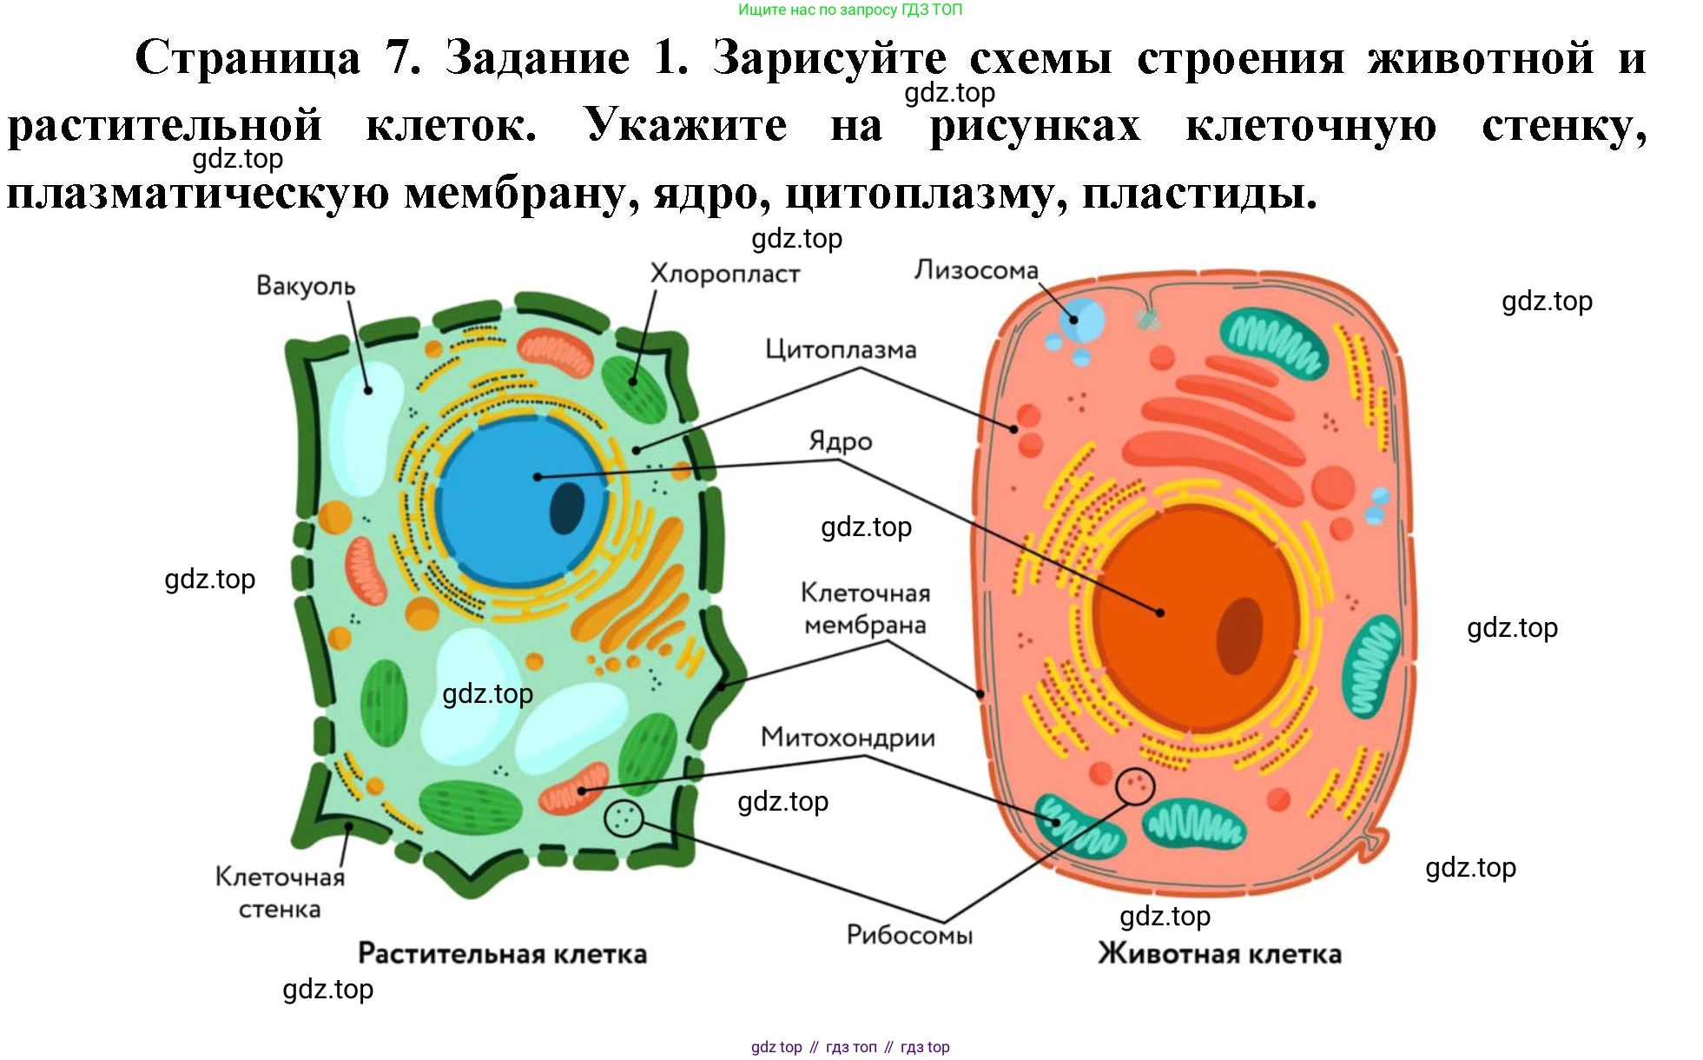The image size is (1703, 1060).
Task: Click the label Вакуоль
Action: tap(306, 286)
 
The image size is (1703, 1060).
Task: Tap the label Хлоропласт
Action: tap(724, 274)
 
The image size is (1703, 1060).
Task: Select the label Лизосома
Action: tap(975, 270)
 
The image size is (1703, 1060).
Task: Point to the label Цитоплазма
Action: tap(840, 349)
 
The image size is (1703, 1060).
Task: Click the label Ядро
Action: tap(840, 441)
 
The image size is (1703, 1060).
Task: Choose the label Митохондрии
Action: tap(848, 738)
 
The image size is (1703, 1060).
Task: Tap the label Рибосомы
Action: tap(909, 935)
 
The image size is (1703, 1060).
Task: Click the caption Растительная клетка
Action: tap(502, 954)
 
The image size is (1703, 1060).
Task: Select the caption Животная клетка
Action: tap(1219, 954)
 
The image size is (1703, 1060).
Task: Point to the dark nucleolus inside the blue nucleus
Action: tap(568, 508)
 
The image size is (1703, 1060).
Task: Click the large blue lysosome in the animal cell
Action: tap(1081, 320)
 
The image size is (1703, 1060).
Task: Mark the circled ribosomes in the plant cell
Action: tap(623, 818)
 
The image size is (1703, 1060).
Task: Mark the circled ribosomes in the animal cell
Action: tap(1134, 786)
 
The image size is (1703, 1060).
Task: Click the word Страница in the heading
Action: tap(248, 59)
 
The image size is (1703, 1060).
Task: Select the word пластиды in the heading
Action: tap(1198, 193)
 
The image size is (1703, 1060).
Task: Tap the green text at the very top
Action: tap(849, 10)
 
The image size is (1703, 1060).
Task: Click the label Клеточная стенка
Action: tap(280, 892)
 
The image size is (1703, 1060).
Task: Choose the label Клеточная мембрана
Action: tap(865, 608)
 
